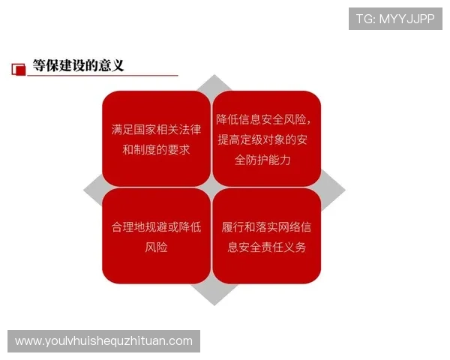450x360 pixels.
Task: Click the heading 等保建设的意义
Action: tap(78, 65)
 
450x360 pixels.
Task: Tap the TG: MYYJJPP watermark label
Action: tap(395, 19)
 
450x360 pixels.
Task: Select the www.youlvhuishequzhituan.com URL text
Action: tap(103, 341)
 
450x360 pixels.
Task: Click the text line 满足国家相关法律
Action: tap(156, 130)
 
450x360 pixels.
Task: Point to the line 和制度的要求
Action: tap(156, 149)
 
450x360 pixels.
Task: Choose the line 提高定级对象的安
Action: tap(266, 140)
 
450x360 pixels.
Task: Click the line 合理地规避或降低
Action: tap(156, 227)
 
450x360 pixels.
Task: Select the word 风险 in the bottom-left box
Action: tap(156, 247)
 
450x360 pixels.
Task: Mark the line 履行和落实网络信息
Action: tap(267, 227)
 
